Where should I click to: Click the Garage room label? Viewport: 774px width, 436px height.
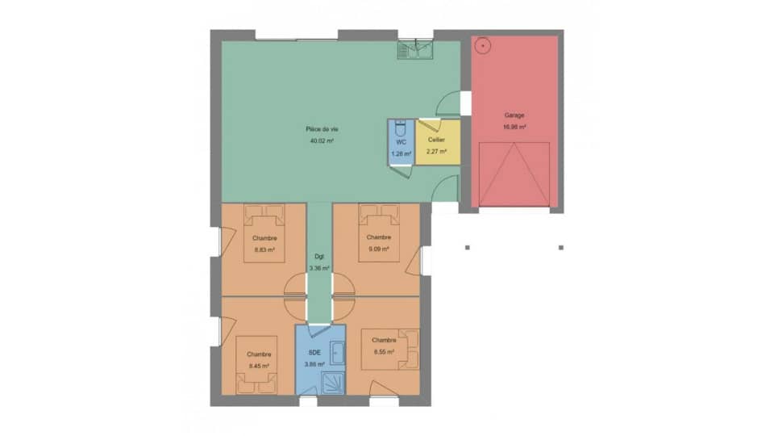pyautogui.click(x=514, y=115)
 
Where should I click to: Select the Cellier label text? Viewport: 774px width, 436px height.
pyautogui.click(x=436, y=140)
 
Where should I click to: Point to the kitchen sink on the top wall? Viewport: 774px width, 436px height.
pyautogui.click(x=415, y=50)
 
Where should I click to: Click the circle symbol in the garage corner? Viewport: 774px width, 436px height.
pyautogui.click(x=482, y=45)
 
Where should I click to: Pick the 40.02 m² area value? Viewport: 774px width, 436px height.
pyautogui.click(x=321, y=140)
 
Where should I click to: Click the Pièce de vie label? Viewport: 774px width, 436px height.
pyautogui.click(x=321, y=129)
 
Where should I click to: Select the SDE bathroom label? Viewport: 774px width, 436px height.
pyautogui.click(x=314, y=353)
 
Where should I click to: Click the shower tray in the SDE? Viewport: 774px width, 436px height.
pyautogui.click(x=334, y=383)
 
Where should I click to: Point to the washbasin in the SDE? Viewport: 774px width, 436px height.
pyautogui.click(x=338, y=354)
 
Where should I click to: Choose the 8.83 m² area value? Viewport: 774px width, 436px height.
pyautogui.click(x=264, y=249)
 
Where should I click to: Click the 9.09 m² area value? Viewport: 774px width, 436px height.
pyautogui.click(x=378, y=249)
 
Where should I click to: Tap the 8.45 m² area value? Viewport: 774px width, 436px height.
pyautogui.click(x=259, y=366)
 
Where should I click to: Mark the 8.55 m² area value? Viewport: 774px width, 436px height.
pyautogui.click(x=384, y=352)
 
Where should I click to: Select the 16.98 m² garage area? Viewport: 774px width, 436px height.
pyautogui.click(x=514, y=127)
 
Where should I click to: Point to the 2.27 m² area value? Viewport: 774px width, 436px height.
pyautogui.click(x=436, y=151)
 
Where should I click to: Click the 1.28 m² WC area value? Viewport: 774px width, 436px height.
pyautogui.click(x=401, y=153)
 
